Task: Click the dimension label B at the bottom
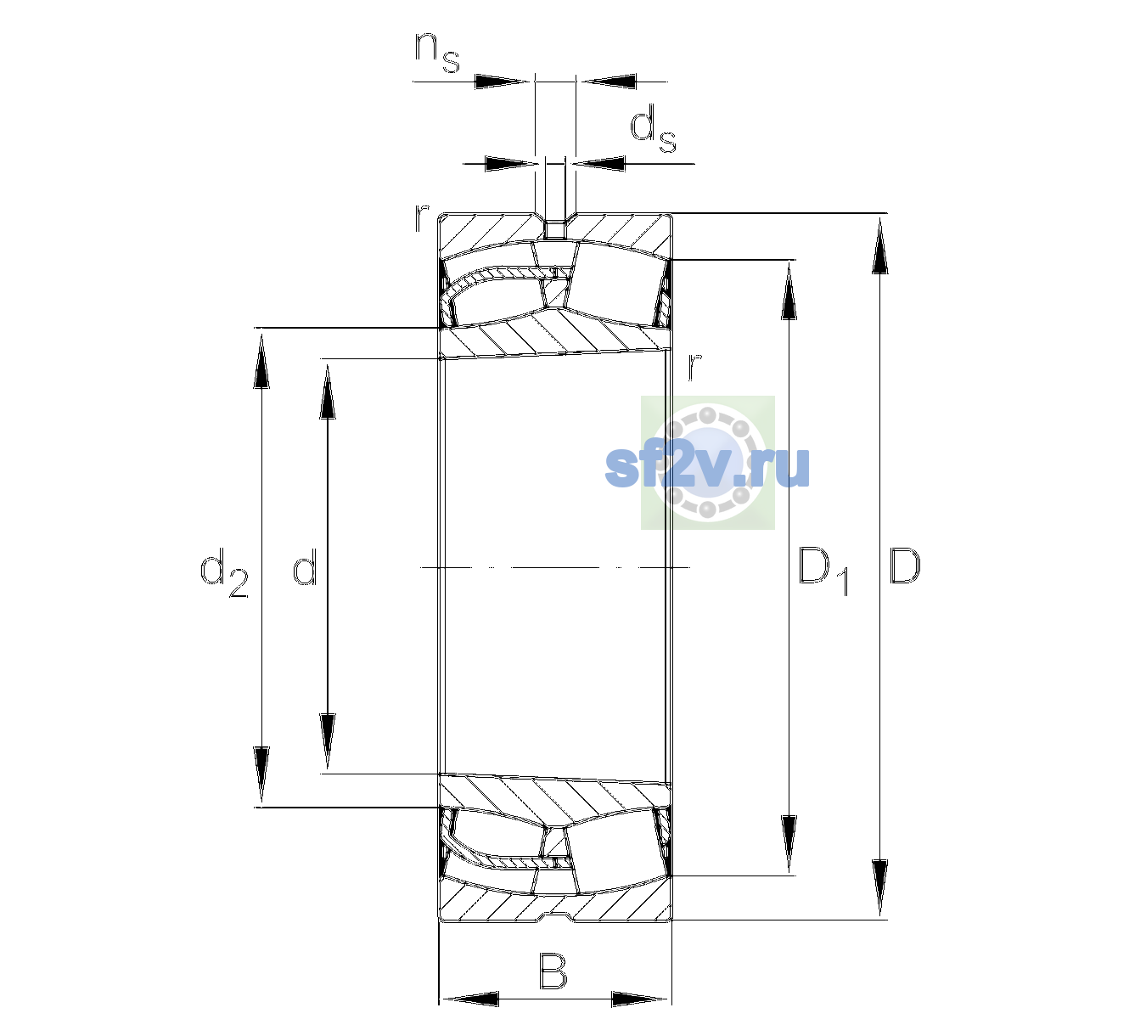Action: tap(553, 971)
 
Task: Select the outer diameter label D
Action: tap(904, 566)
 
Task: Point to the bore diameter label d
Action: tap(305, 566)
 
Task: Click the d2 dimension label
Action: tap(225, 572)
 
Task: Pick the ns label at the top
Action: tap(437, 52)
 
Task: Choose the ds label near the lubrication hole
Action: tap(653, 129)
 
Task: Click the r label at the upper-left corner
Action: tap(421, 218)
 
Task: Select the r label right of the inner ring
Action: tap(694, 366)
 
